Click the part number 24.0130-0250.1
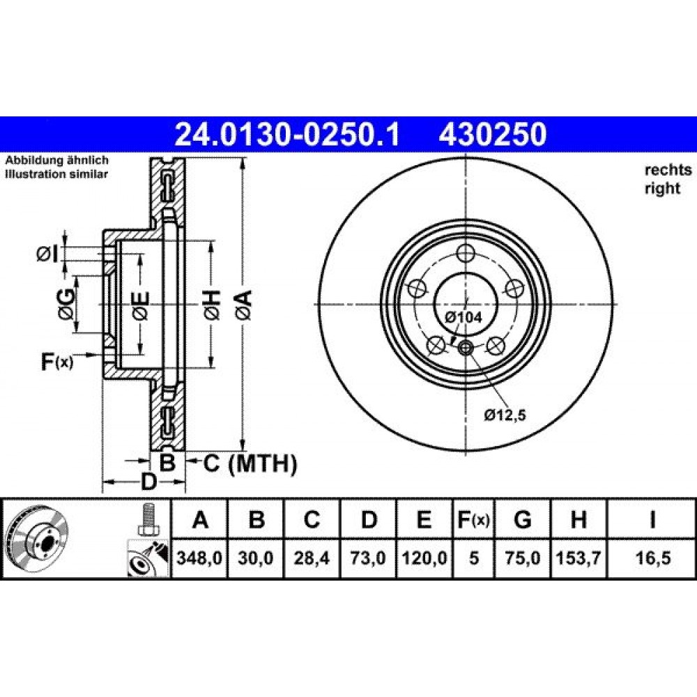coord(288,135)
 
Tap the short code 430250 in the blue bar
coord(493,135)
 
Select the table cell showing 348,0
coord(199,558)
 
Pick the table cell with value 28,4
coord(312,558)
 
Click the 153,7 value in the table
coord(579,558)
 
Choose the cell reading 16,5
coord(652,558)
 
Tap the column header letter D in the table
coord(369,519)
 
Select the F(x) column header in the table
coord(474,519)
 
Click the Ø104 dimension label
coord(464,317)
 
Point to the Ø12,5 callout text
coord(505,415)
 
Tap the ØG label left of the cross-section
coord(66,305)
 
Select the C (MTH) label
coord(250,464)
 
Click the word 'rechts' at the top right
coord(668,170)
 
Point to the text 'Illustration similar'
coord(56,174)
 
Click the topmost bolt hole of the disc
coord(466,254)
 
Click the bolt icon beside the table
coord(148,519)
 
